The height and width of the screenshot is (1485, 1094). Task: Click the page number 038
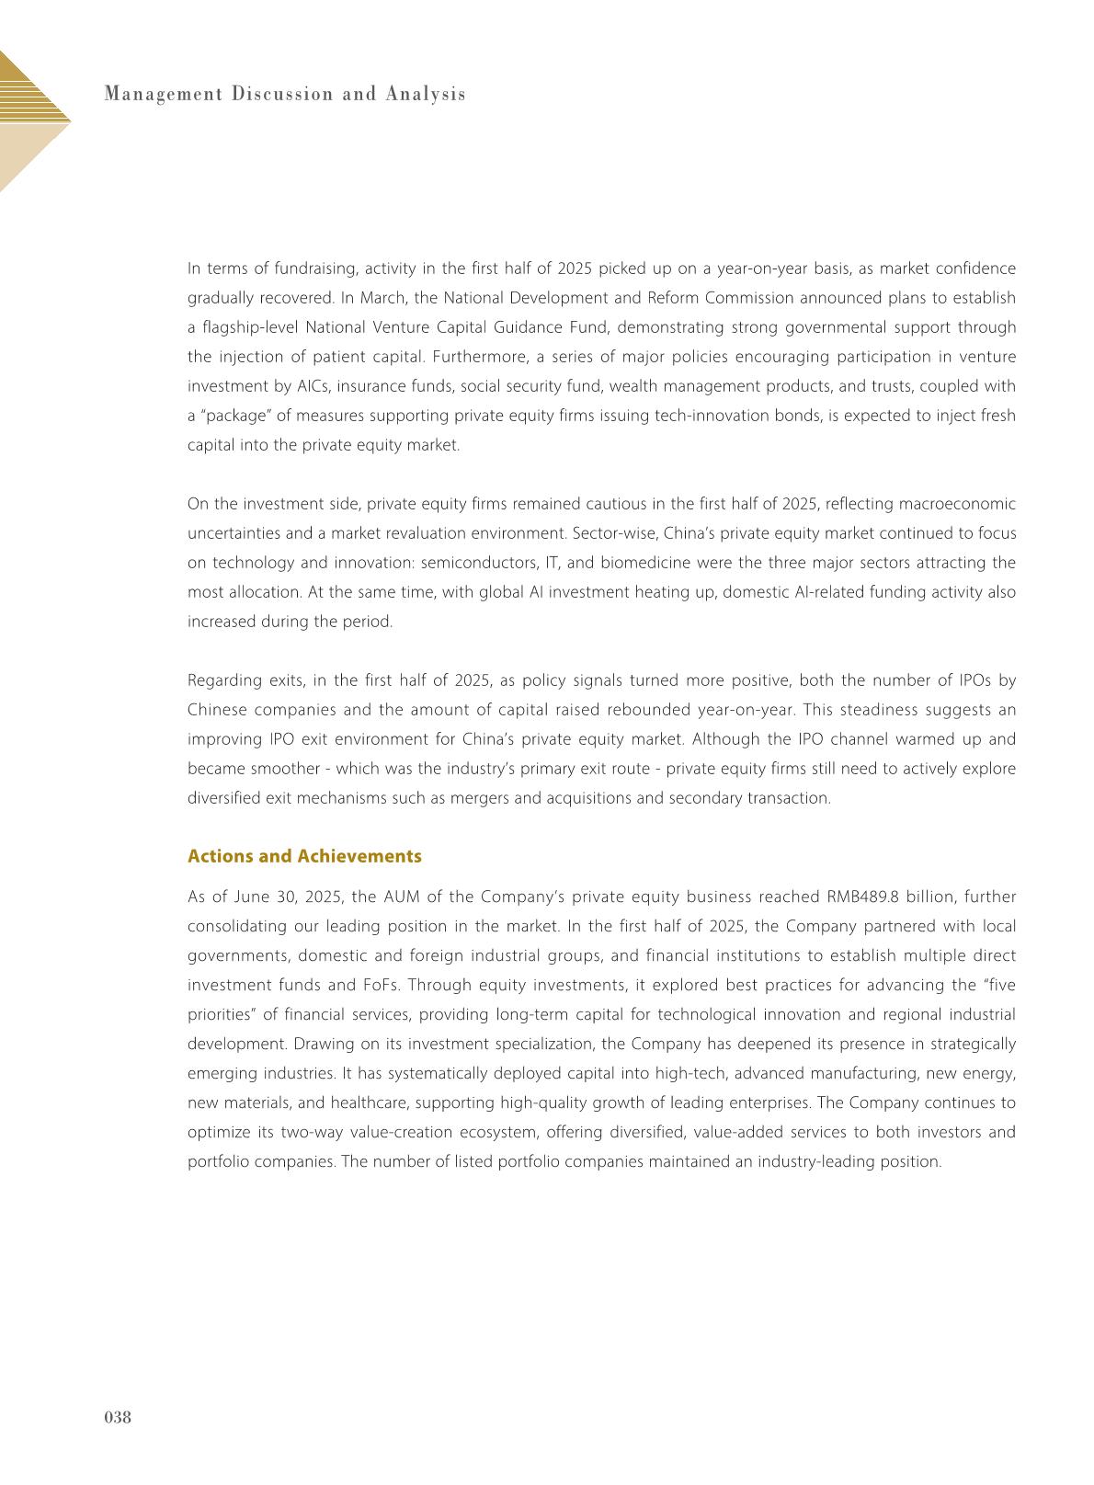[117, 1417]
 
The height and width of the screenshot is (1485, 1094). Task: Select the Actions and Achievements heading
[304, 856]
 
